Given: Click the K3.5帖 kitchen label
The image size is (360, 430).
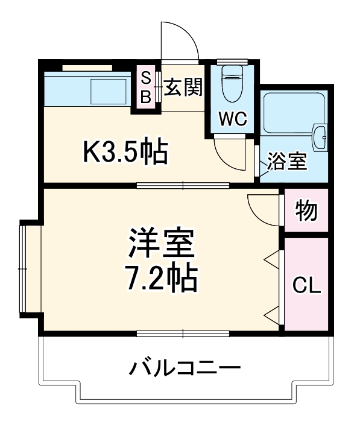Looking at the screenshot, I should coord(125,152).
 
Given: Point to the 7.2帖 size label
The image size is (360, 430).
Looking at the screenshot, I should coord(160,276).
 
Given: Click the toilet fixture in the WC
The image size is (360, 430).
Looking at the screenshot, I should coord(232,84).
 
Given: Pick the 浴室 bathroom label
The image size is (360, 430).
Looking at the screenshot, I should coord(287,162).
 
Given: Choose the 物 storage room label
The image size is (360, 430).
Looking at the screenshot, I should coord(306,210).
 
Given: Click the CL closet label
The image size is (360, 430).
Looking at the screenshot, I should coord(306,285).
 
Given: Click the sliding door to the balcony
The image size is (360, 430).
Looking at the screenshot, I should coord(184,333).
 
